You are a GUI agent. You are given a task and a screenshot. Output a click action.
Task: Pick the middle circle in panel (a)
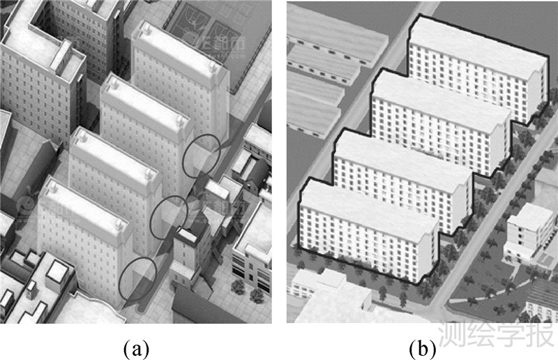click(169, 217)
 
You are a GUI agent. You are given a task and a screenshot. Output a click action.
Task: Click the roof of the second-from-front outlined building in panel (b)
click(401, 157)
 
